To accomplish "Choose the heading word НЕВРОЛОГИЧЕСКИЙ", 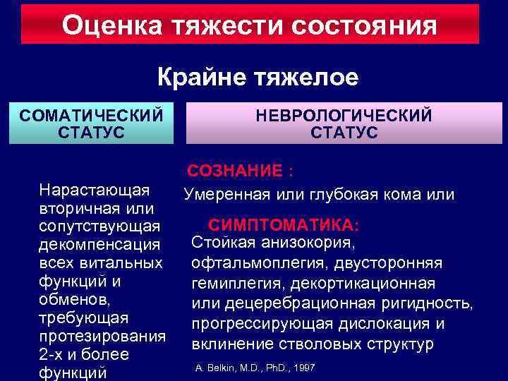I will (344, 115).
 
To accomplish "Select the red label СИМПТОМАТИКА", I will (282, 225).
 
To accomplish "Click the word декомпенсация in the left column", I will (101, 245).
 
